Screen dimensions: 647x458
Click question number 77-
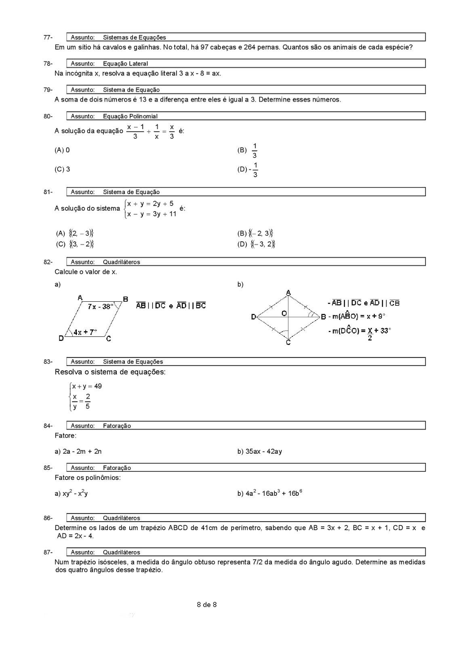click(x=48, y=37)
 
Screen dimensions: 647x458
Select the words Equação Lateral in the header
click(x=125, y=63)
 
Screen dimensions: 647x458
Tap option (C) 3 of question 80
click(x=62, y=169)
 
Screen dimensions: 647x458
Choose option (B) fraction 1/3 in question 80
click(x=254, y=150)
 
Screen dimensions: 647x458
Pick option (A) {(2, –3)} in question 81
click(x=75, y=233)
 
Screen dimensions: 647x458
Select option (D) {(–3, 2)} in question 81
click(x=257, y=244)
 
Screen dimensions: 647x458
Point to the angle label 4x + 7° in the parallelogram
click(x=85, y=332)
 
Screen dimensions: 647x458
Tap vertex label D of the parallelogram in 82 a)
click(x=61, y=338)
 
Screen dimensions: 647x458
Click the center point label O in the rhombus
click(x=284, y=313)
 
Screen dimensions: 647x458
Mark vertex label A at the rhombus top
click(x=288, y=292)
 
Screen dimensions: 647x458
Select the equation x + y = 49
click(x=87, y=386)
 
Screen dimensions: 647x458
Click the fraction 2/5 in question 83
click(x=88, y=402)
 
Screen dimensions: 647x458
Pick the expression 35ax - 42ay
click(x=264, y=451)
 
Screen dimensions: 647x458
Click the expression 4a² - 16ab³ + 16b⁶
click(x=274, y=493)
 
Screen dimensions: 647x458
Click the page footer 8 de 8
click(x=207, y=605)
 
